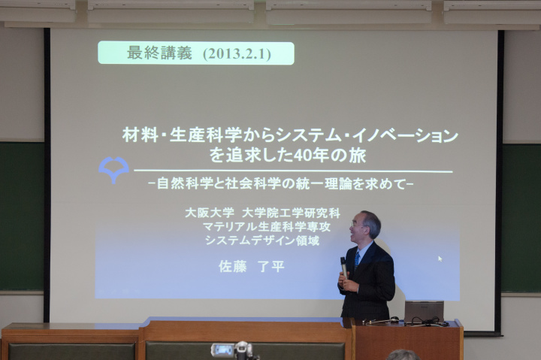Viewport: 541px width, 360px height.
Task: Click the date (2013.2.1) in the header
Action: click(x=237, y=54)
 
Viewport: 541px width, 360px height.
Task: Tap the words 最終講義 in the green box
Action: click(x=159, y=53)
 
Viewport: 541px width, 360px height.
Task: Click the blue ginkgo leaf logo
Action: click(x=113, y=169)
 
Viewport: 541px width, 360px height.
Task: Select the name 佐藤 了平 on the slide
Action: click(x=252, y=267)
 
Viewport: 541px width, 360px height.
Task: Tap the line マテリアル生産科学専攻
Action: click(x=266, y=226)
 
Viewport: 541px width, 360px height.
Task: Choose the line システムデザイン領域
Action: click(x=262, y=240)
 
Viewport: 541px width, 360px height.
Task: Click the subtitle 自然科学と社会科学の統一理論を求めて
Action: click(x=281, y=183)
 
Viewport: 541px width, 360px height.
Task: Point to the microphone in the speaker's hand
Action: click(x=343, y=267)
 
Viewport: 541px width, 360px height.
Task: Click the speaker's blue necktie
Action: click(x=357, y=261)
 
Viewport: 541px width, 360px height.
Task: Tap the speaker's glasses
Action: click(x=357, y=225)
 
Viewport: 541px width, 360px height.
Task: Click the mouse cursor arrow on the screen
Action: click(x=440, y=259)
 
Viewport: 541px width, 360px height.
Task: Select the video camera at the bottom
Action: click(x=234, y=351)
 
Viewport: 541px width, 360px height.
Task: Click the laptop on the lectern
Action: click(x=424, y=312)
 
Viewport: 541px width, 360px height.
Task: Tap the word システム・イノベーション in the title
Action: click(x=367, y=135)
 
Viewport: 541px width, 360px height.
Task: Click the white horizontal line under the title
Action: click(x=293, y=171)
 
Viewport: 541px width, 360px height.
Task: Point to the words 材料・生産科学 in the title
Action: click(x=182, y=135)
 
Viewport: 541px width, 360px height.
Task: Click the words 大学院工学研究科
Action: click(x=291, y=213)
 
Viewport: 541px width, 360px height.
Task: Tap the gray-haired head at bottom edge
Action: click(x=403, y=355)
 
